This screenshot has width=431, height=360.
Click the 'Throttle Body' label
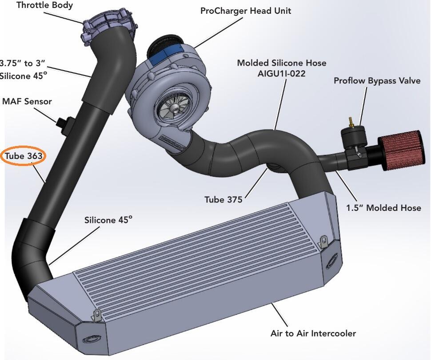(44, 6)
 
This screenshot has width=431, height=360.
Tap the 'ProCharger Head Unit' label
(246, 11)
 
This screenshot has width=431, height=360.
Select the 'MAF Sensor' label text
(27, 101)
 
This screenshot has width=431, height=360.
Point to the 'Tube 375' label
(223, 199)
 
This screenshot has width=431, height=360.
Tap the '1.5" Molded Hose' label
(383, 208)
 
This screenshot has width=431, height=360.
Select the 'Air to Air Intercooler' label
(313, 333)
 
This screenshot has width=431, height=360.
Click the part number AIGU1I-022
(282, 74)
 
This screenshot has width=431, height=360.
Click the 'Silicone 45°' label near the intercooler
(108, 220)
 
